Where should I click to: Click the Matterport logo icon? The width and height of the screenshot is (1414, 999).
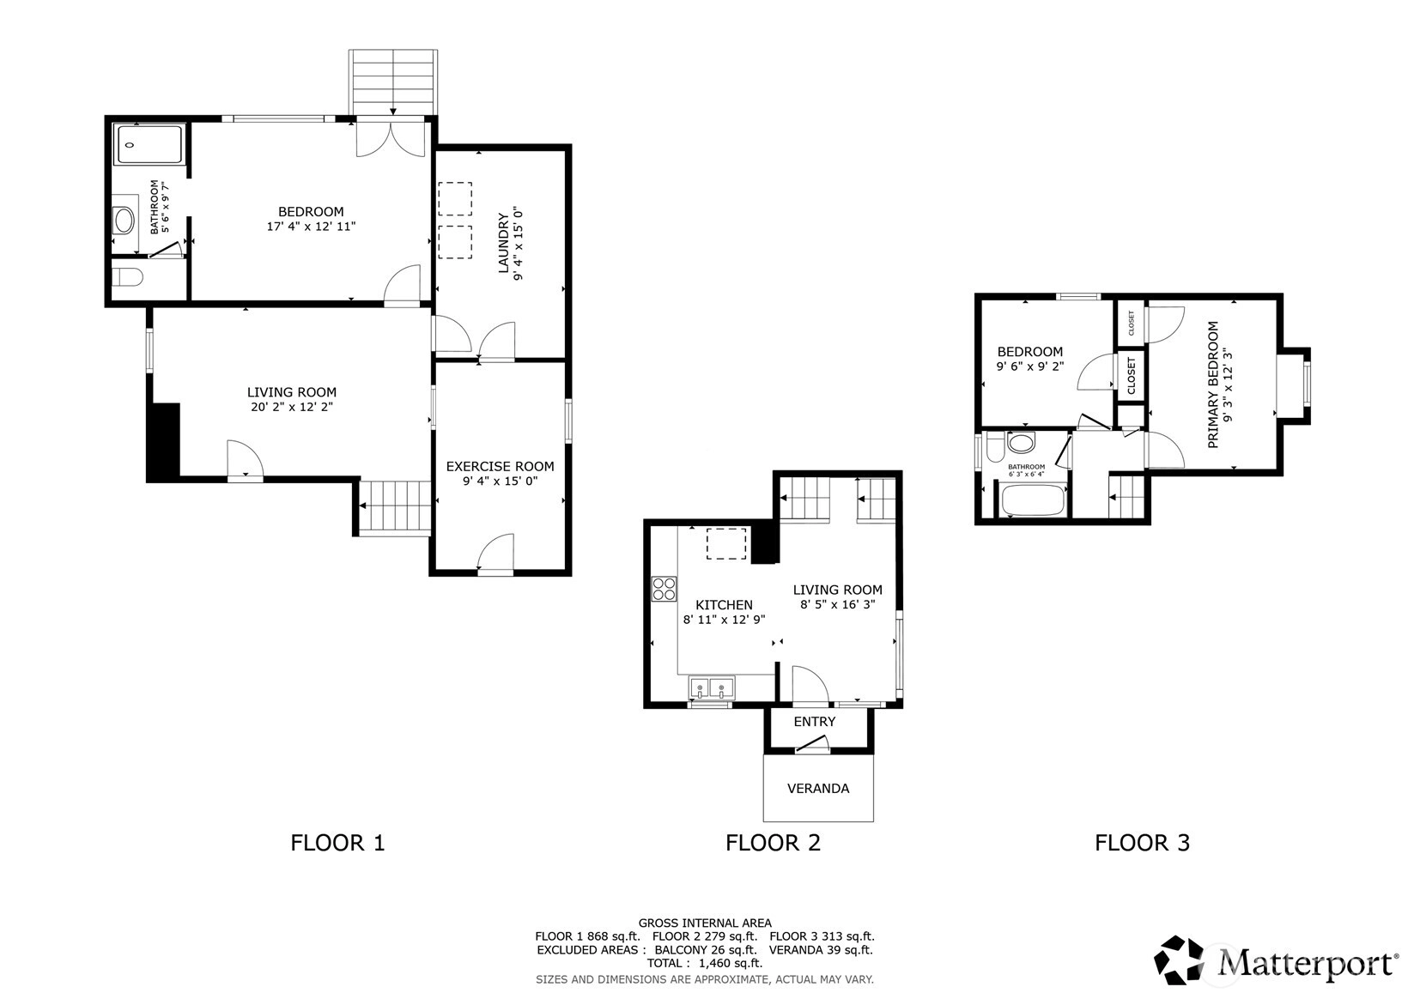point(1179,960)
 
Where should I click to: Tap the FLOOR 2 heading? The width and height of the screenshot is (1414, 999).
point(773,843)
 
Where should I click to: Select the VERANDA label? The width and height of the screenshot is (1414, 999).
point(818,788)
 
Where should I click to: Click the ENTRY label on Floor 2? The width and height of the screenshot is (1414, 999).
point(814,721)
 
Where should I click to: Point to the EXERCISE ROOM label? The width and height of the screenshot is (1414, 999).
point(500,466)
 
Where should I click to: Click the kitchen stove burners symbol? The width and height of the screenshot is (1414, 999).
point(665,589)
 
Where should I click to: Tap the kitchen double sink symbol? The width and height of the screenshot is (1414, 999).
point(712,687)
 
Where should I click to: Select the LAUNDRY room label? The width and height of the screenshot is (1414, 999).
point(503,243)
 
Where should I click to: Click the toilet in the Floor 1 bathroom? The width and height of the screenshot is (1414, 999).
point(127,276)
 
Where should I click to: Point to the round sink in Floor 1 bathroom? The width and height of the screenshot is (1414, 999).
point(124,221)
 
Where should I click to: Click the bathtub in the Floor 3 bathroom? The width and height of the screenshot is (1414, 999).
point(1034,499)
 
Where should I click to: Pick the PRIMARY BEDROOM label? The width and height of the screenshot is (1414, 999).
point(1212,385)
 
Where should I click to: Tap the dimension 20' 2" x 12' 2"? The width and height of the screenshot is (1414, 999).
point(292,407)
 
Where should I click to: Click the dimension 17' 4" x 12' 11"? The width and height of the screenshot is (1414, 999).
point(311,226)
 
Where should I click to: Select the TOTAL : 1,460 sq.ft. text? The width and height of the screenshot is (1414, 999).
point(705,963)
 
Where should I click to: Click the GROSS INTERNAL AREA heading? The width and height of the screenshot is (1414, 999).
point(705,923)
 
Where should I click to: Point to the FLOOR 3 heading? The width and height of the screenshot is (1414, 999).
point(1142,843)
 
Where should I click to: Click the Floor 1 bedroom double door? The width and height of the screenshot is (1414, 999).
point(391,139)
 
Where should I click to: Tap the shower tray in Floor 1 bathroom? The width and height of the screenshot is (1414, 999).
point(149,144)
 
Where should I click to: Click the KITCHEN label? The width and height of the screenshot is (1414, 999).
point(724,604)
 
